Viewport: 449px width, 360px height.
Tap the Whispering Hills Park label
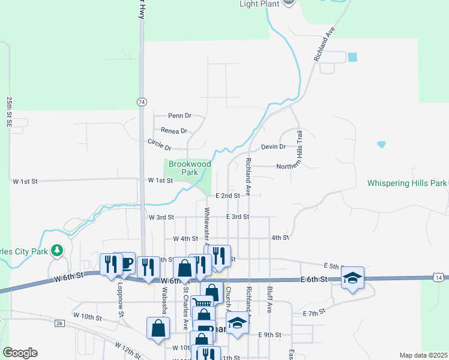407,183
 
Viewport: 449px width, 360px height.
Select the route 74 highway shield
141,101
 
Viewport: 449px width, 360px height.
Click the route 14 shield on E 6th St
440,277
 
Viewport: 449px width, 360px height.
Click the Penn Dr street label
179,115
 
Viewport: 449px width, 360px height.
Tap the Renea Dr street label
174,130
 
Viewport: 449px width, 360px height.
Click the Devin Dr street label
273,146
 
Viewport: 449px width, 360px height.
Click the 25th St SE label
10,110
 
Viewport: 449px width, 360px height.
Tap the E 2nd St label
228,196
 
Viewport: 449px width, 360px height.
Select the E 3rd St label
238,217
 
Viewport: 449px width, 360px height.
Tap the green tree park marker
57,250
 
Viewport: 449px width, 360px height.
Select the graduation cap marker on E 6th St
353,277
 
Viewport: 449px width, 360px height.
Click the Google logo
20,353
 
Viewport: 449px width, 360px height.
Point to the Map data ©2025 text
423,355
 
